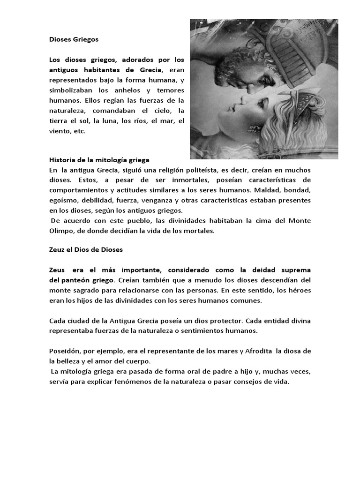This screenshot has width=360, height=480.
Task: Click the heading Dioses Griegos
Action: pyautogui.click(x=74, y=40)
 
